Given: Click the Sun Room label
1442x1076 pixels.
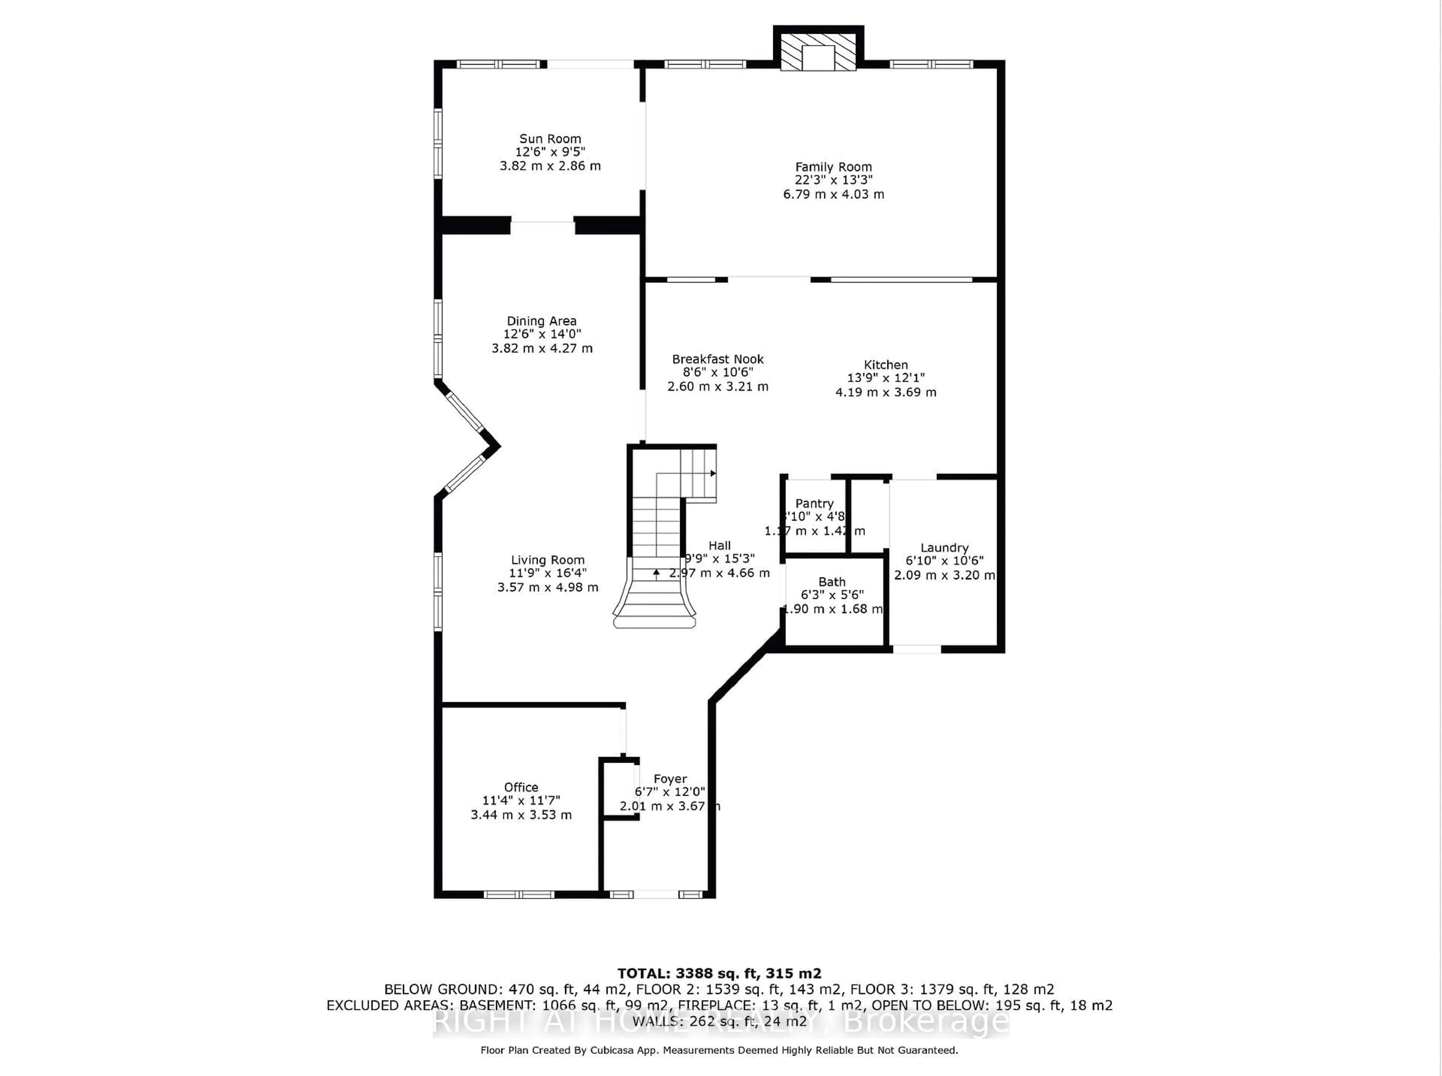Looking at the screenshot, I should point(550,139).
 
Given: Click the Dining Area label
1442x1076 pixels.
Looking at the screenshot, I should point(542,321).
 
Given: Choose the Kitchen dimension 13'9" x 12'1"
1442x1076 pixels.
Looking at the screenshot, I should point(885,378).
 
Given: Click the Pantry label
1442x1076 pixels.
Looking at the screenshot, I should point(814,503).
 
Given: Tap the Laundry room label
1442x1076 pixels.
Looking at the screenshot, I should point(944,548).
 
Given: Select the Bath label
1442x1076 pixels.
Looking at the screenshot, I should point(832,582).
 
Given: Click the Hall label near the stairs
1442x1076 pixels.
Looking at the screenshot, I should point(719,546).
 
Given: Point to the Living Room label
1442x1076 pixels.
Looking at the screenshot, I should point(548,560).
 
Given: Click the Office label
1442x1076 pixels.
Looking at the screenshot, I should point(521,787).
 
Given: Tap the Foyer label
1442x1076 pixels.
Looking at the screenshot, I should point(670,779).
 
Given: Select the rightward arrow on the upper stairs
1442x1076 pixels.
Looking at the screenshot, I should point(713,473).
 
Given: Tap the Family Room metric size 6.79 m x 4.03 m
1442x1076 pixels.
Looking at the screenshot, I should point(833,194).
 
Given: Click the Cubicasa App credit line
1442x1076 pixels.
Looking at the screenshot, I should point(719,1050).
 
